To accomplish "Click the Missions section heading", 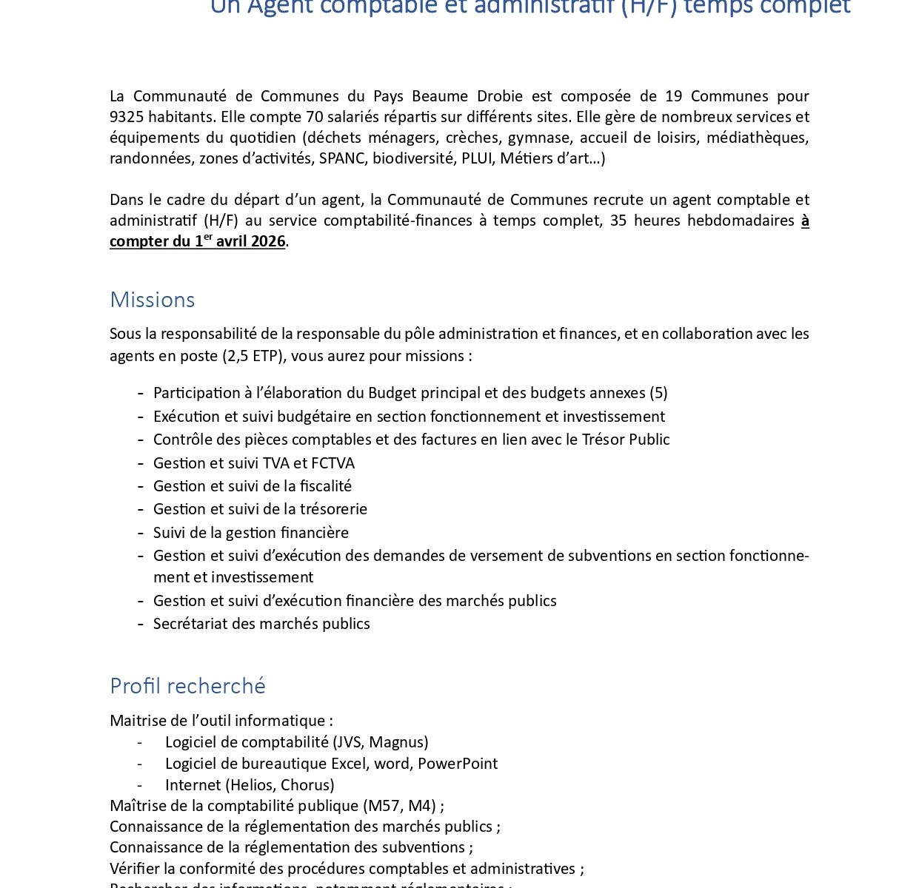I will [152, 300].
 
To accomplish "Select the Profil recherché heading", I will [187, 686].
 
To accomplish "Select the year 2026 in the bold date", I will [267, 241].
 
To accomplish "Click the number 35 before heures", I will [618, 221].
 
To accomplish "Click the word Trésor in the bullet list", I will [603, 440].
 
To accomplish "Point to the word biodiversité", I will [415, 158].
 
